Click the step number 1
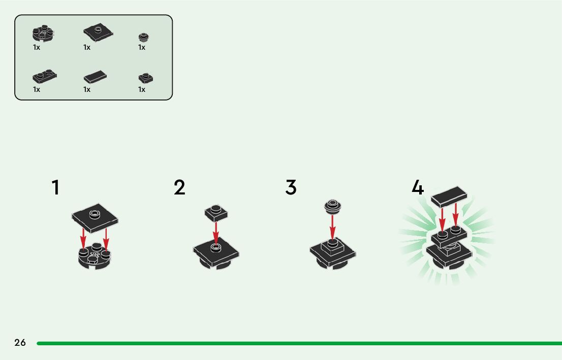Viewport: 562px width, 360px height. [x=55, y=187]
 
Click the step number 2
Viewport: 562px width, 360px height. [x=179, y=187]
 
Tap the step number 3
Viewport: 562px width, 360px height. [x=291, y=187]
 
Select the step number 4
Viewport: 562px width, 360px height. [x=417, y=187]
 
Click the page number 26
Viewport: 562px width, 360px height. [x=20, y=343]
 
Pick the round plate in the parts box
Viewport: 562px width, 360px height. [x=43, y=34]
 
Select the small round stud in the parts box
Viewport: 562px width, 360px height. [x=144, y=37]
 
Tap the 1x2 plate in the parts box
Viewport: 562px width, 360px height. [x=44, y=76]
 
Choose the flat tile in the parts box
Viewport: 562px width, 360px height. [x=95, y=77]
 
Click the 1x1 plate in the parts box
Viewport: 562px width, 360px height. [x=146, y=78]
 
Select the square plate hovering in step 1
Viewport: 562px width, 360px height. [x=95, y=217]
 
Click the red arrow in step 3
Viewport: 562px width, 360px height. [x=332, y=226]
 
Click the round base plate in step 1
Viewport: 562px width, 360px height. [x=95, y=257]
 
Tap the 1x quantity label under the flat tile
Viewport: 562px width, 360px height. [x=87, y=89]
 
